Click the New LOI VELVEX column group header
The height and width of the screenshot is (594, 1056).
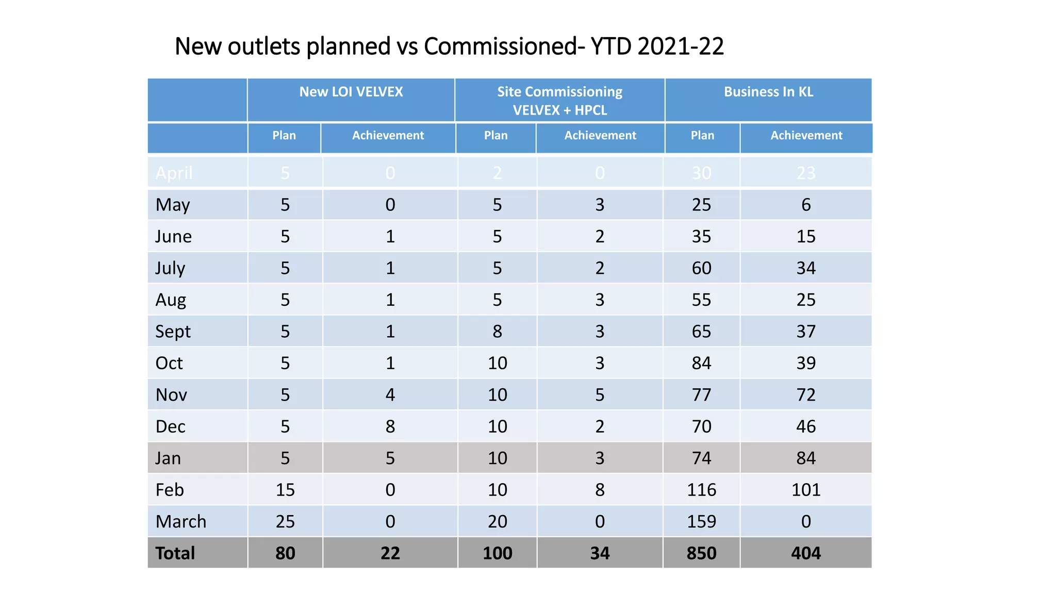(x=351, y=92)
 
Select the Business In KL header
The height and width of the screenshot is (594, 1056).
(x=768, y=92)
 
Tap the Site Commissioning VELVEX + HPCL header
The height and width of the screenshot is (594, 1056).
(x=559, y=101)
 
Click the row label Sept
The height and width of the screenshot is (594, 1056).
(x=173, y=332)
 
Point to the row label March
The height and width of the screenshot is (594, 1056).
(x=180, y=522)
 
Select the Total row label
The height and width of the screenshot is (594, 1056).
(x=175, y=553)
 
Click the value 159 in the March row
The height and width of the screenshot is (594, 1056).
(x=701, y=522)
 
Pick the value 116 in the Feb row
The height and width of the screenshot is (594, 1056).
(x=701, y=490)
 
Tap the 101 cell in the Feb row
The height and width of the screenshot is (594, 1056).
(x=806, y=490)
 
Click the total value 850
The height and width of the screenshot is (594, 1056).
(x=701, y=553)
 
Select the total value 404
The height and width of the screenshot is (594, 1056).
(x=806, y=553)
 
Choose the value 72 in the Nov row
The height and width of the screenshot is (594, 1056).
(x=806, y=395)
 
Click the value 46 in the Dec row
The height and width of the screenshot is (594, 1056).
(x=806, y=426)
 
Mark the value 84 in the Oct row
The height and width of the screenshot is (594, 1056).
(x=701, y=363)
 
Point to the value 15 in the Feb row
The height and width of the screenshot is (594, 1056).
(x=285, y=490)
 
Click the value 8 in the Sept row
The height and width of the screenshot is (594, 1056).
(x=497, y=332)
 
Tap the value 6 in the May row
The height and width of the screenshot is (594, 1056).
(x=806, y=205)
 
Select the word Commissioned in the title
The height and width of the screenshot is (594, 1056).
(x=500, y=46)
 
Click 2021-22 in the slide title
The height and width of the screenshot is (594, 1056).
(x=681, y=46)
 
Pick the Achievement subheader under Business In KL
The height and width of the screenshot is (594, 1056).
(x=806, y=136)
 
